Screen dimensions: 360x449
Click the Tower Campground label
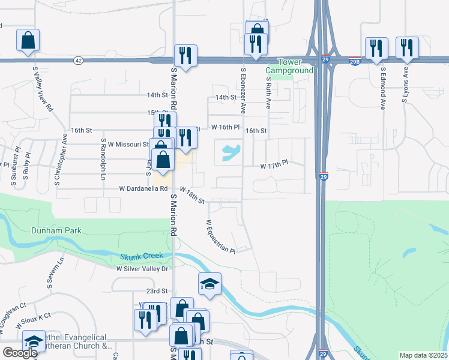pyautogui.click(x=295, y=66)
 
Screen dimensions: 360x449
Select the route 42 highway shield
pyautogui.click(x=79, y=60)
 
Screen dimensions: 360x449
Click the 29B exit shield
pyautogui.click(x=355, y=61)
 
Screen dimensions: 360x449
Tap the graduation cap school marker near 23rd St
pyautogui.click(x=210, y=284)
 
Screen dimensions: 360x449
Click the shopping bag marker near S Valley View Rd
pyautogui.click(x=28, y=41)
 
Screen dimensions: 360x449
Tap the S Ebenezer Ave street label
pyautogui.click(x=244, y=91)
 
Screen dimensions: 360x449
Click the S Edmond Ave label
pyautogui.click(x=382, y=88)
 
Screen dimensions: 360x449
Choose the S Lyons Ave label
pyautogui.click(x=405, y=85)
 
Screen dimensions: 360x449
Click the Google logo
pyautogui.click(x=20, y=352)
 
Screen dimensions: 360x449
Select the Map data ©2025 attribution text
pyautogui.click(x=423, y=355)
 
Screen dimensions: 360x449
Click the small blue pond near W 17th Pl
pyautogui.click(x=231, y=153)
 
